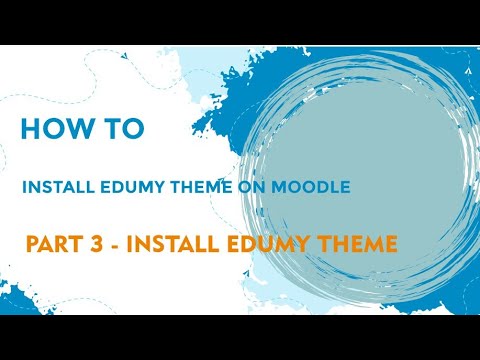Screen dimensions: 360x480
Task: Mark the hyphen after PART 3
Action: [113, 243]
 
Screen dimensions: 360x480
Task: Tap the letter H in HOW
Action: [30, 130]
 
